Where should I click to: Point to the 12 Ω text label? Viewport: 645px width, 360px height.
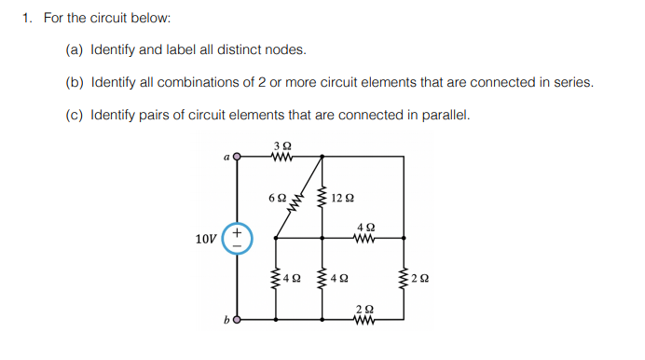[343, 198]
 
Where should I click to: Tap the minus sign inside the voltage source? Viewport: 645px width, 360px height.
[237, 247]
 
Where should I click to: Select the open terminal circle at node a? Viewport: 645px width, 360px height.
[237, 158]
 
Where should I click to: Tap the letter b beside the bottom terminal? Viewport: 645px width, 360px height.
[226, 321]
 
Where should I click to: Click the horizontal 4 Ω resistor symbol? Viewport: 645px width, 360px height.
[365, 238]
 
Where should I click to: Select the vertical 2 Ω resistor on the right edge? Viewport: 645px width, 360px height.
[403, 277]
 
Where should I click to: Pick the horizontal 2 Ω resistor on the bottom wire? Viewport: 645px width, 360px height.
[365, 319]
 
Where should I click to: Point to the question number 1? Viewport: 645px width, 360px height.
[27, 17]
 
